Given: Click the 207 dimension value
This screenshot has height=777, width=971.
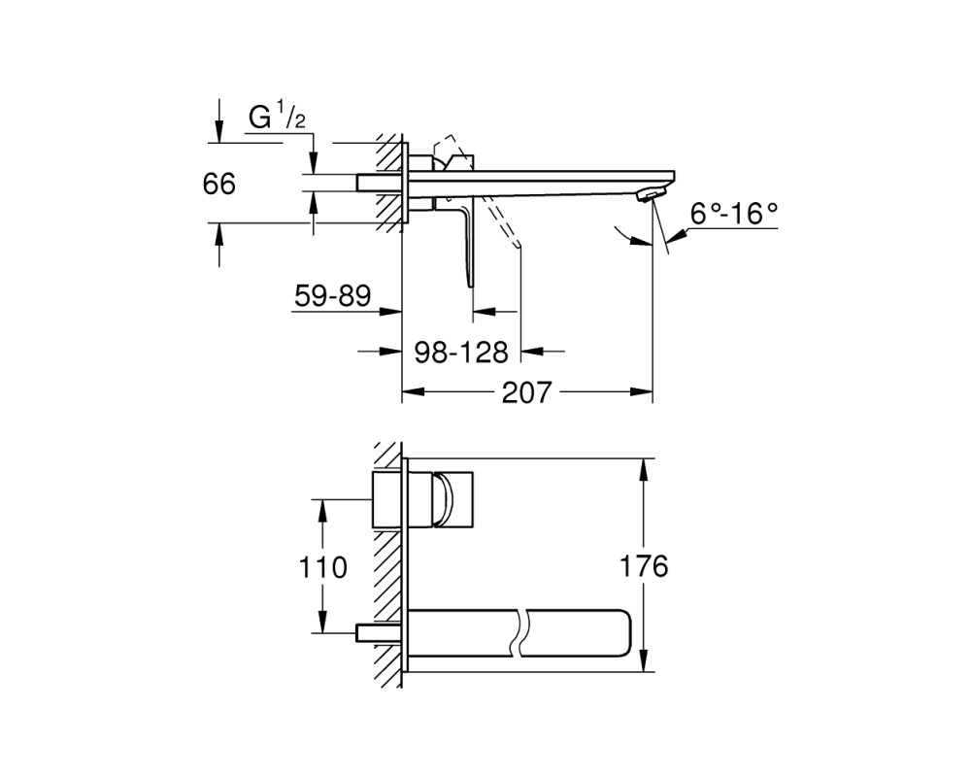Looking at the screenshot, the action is pos(526,392).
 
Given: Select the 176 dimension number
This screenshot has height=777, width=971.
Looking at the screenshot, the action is pos(644,565).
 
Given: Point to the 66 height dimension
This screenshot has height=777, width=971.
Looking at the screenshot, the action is pos(219,184).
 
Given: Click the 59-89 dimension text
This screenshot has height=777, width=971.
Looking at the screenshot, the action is pos(332,295).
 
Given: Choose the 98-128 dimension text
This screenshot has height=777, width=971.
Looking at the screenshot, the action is pos(461,353).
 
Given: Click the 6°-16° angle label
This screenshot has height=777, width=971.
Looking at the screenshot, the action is pos(734,214).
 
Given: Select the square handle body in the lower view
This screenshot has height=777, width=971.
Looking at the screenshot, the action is pos(453,500).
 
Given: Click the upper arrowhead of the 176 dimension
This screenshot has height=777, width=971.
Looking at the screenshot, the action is pos(645,469).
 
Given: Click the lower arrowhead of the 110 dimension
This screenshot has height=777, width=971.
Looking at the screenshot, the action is pos(322,622).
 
